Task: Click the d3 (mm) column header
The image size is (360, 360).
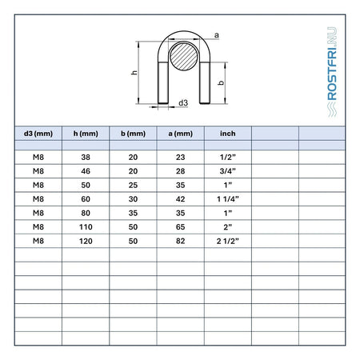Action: point(38,134)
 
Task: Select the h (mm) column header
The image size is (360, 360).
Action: point(86,134)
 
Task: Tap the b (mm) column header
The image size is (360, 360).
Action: point(133,134)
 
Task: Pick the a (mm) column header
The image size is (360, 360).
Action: point(181,134)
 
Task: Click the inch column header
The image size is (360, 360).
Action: point(228,134)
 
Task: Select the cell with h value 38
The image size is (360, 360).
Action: point(86,158)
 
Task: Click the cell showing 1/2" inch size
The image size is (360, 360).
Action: point(228,157)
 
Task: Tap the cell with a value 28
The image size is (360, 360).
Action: point(181,171)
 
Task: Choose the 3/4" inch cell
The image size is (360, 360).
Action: point(228,171)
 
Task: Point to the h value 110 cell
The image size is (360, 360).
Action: point(86,227)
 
